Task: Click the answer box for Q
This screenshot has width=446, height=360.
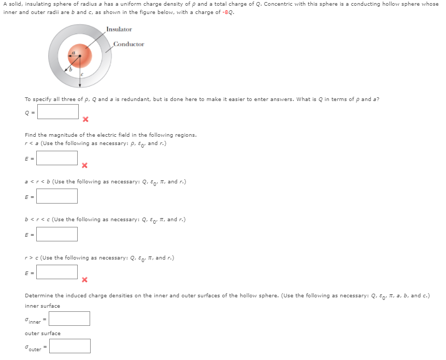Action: point(57,111)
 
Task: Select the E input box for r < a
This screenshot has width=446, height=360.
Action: point(57,158)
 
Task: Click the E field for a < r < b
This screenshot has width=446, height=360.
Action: point(57,196)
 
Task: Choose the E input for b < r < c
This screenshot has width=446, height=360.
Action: point(57,234)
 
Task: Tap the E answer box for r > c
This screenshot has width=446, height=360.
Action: point(57,272)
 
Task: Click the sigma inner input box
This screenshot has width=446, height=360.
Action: point(69,319)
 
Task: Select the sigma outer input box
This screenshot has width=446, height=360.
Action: point(69,346)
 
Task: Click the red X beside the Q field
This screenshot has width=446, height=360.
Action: point(85,120)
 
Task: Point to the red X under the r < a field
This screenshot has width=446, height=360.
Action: point(85,166)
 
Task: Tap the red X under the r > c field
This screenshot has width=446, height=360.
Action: point(85,280)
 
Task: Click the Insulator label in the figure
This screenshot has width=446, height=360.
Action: point(119,30)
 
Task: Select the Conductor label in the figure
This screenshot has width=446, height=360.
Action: point(128,45)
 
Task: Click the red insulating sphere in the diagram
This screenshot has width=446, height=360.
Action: point(80,56)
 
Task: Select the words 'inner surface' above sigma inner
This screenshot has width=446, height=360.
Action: point(42,306)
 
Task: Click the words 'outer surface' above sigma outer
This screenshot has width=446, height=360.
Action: point(42,334)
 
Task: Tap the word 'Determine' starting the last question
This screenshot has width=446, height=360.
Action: point(37,296)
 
